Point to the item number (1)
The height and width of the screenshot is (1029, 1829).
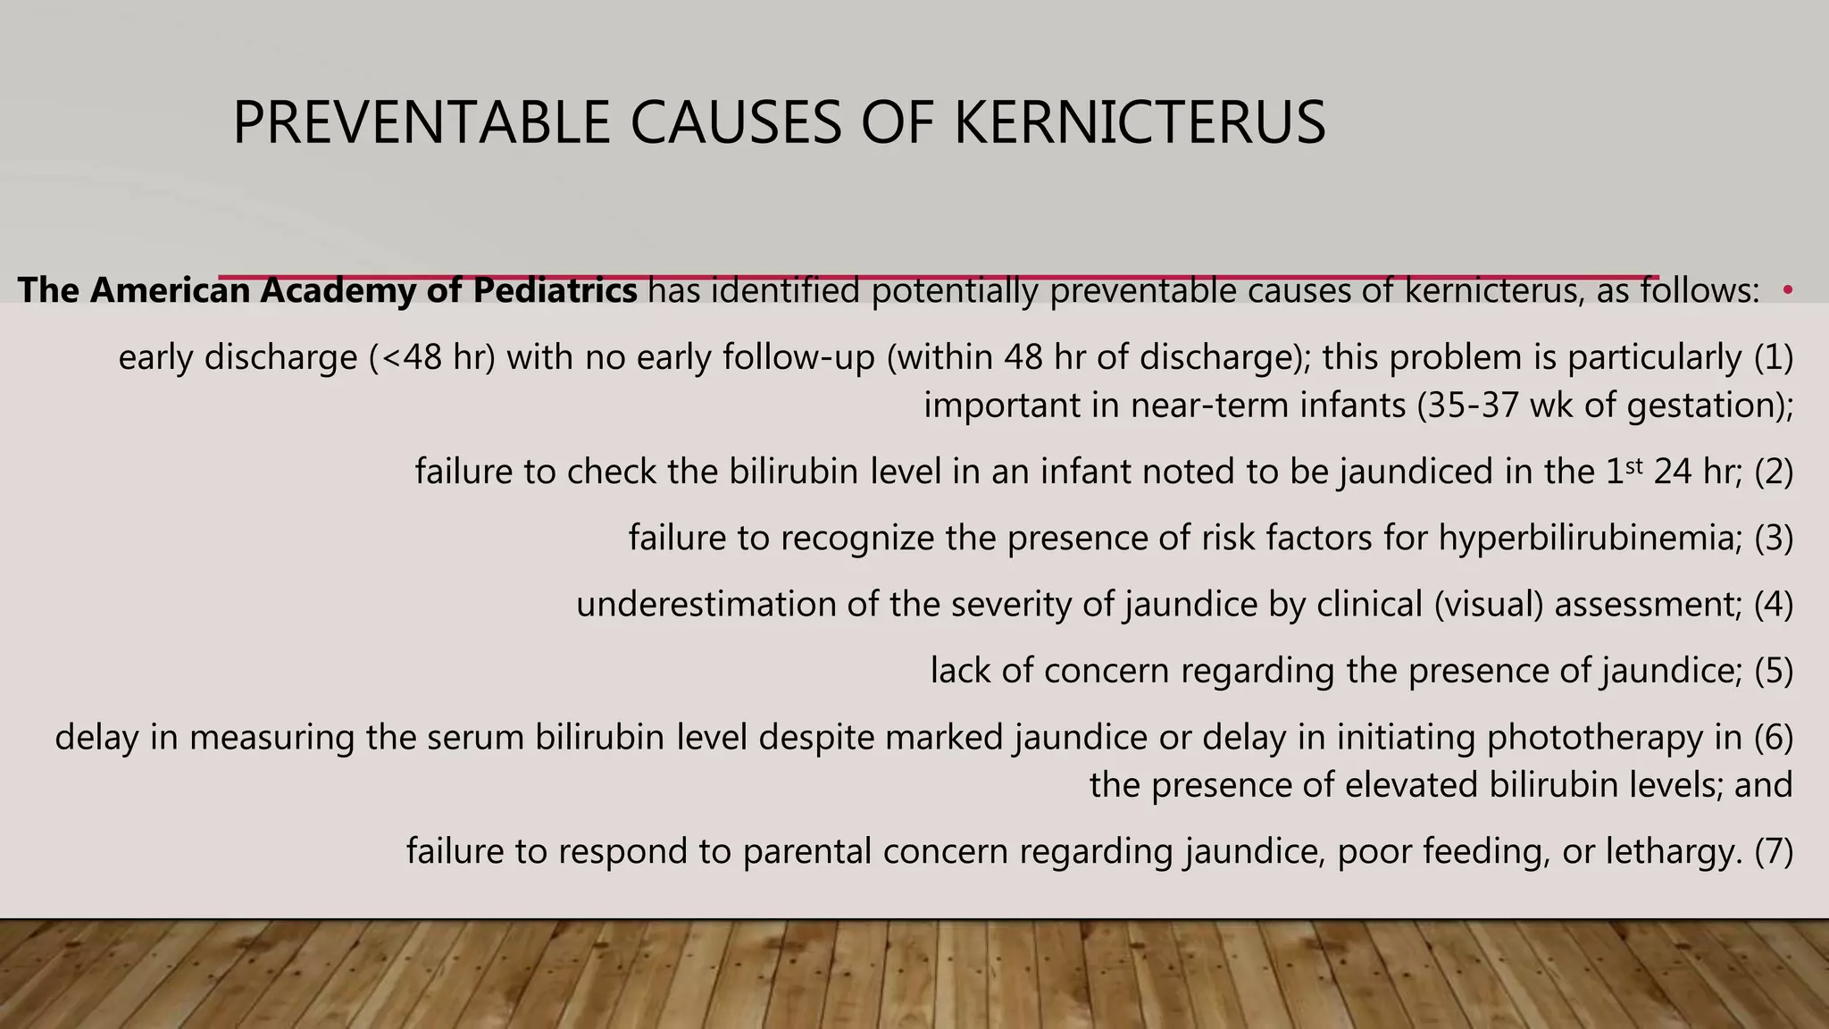click(x=1774, y=357)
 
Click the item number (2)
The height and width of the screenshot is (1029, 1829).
click(x=1774, y=472)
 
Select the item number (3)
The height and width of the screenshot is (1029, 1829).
click(x=1774, y=538)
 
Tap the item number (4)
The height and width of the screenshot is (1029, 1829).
click(x=1774, y=605)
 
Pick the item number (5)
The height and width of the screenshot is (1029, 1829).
click(x=1774, y=671)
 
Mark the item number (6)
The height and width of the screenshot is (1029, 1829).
click(x=1774, y=737)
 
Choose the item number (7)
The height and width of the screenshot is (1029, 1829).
click(x=1774, y=851)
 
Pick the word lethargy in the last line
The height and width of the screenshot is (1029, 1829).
click(x=1674, y=851)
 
